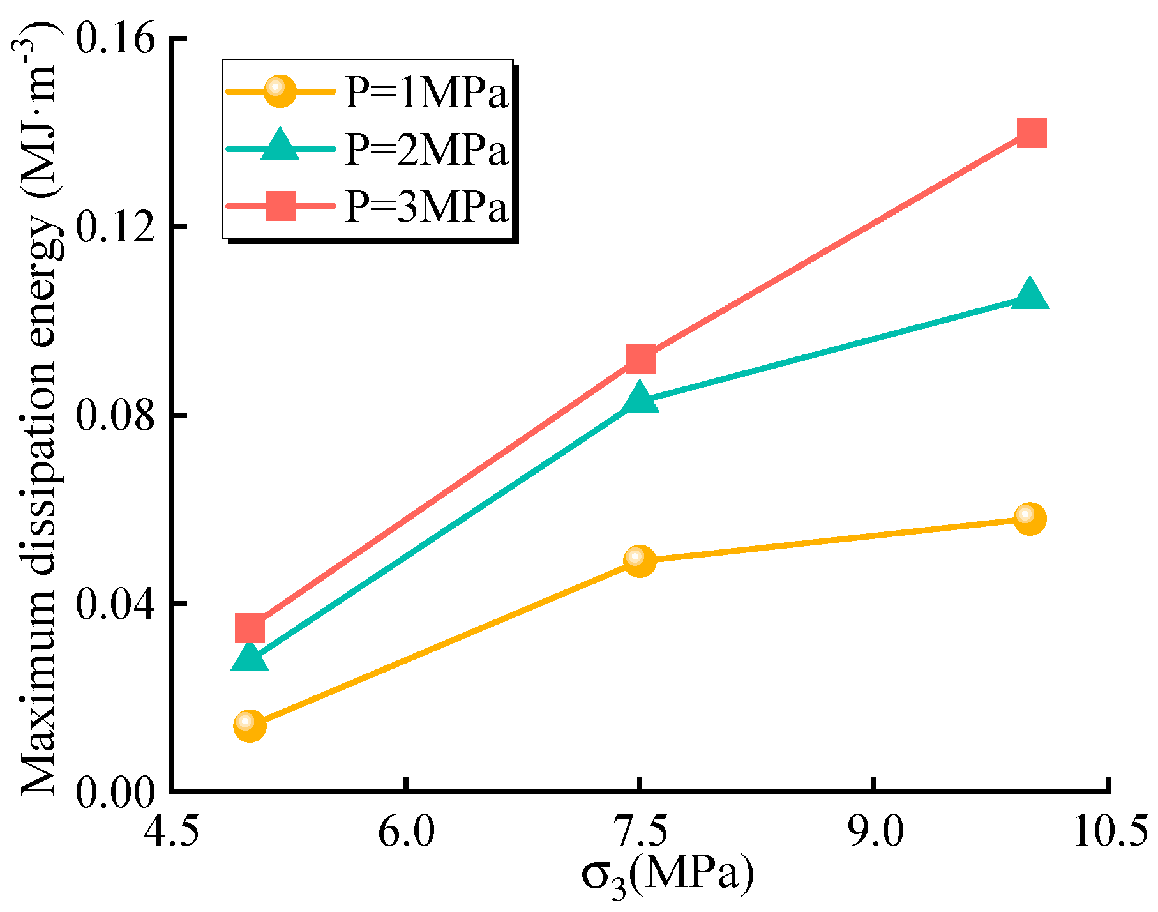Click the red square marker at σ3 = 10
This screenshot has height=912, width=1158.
pyautogui.click(x=1032, y=133)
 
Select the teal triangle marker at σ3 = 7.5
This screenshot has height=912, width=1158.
pyautogui.click(x=640, y=399)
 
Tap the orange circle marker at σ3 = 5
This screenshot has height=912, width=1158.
pyautogui.click(x=250, y=726)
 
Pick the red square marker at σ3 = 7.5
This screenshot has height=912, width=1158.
pyautogui.click(x=640, y=360)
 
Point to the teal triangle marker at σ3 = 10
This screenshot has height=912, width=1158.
pyautogui.click(x=1029, y=296)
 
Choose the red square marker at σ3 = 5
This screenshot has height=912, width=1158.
pyautogui.click(x=250, y=628)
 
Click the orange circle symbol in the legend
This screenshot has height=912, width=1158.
pyautogui.click(x=280, y=91)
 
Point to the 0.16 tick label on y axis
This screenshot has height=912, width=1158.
pyautogui.click(x=116, y=39)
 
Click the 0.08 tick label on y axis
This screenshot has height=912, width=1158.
pyautogui.click(x=116, y=416)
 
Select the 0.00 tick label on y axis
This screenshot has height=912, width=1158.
pyautogui.click(x=116, y=793)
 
